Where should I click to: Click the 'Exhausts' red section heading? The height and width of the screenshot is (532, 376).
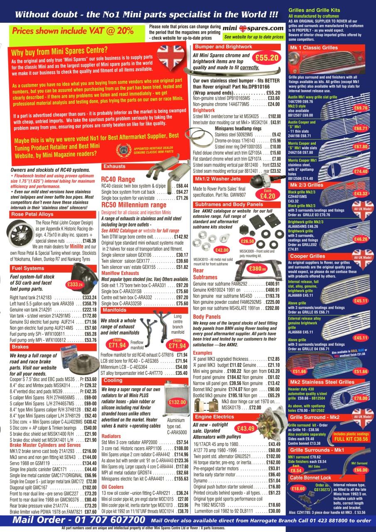pos(114,167)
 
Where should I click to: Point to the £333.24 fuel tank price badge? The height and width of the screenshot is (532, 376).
pos(76,284)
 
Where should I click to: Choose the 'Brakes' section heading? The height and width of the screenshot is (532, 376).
pos(20,347)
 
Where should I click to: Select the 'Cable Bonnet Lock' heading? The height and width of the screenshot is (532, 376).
pos(310,478)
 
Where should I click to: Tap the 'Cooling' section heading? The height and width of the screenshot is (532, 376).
pos(113,380)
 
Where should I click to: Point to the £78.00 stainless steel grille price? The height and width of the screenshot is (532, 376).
pos(360,398)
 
